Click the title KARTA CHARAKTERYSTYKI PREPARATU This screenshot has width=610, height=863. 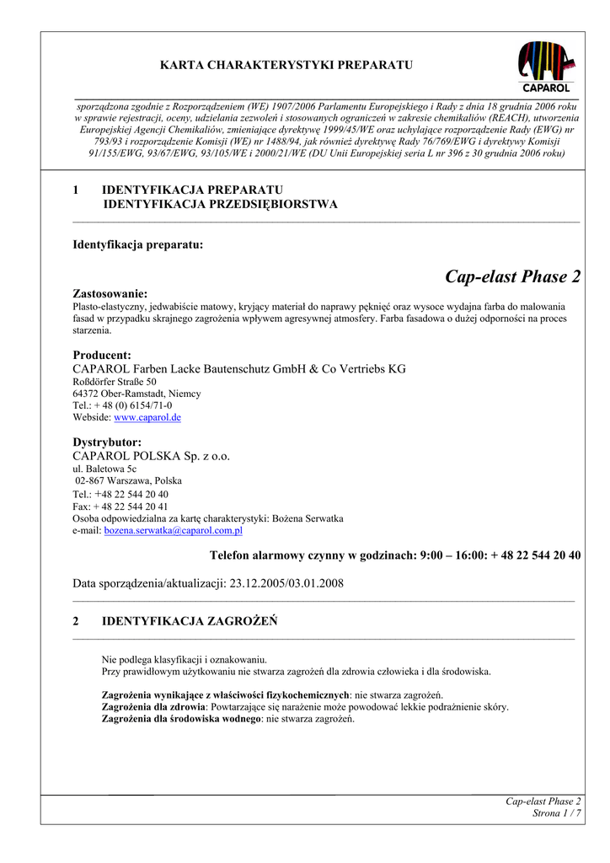coord(286,65)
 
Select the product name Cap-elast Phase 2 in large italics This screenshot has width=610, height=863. coord(512,276)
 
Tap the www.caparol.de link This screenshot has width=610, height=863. coord(147,417)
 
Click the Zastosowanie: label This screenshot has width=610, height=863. coord(110,293)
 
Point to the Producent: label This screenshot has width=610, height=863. coord(102,355)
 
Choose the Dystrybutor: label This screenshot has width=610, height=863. coord(107,442)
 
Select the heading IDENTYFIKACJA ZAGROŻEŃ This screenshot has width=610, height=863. coord(189,621)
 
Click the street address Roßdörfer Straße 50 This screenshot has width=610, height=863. coord(115,382)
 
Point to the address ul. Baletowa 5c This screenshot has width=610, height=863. coord(104,469)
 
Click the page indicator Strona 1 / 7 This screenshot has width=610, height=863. coord(557,812)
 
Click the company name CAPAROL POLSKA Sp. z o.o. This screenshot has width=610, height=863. coord(152,456)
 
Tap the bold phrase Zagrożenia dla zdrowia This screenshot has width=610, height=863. coord(153,707)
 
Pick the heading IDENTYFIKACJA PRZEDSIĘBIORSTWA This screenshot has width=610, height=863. coord(220,204)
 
